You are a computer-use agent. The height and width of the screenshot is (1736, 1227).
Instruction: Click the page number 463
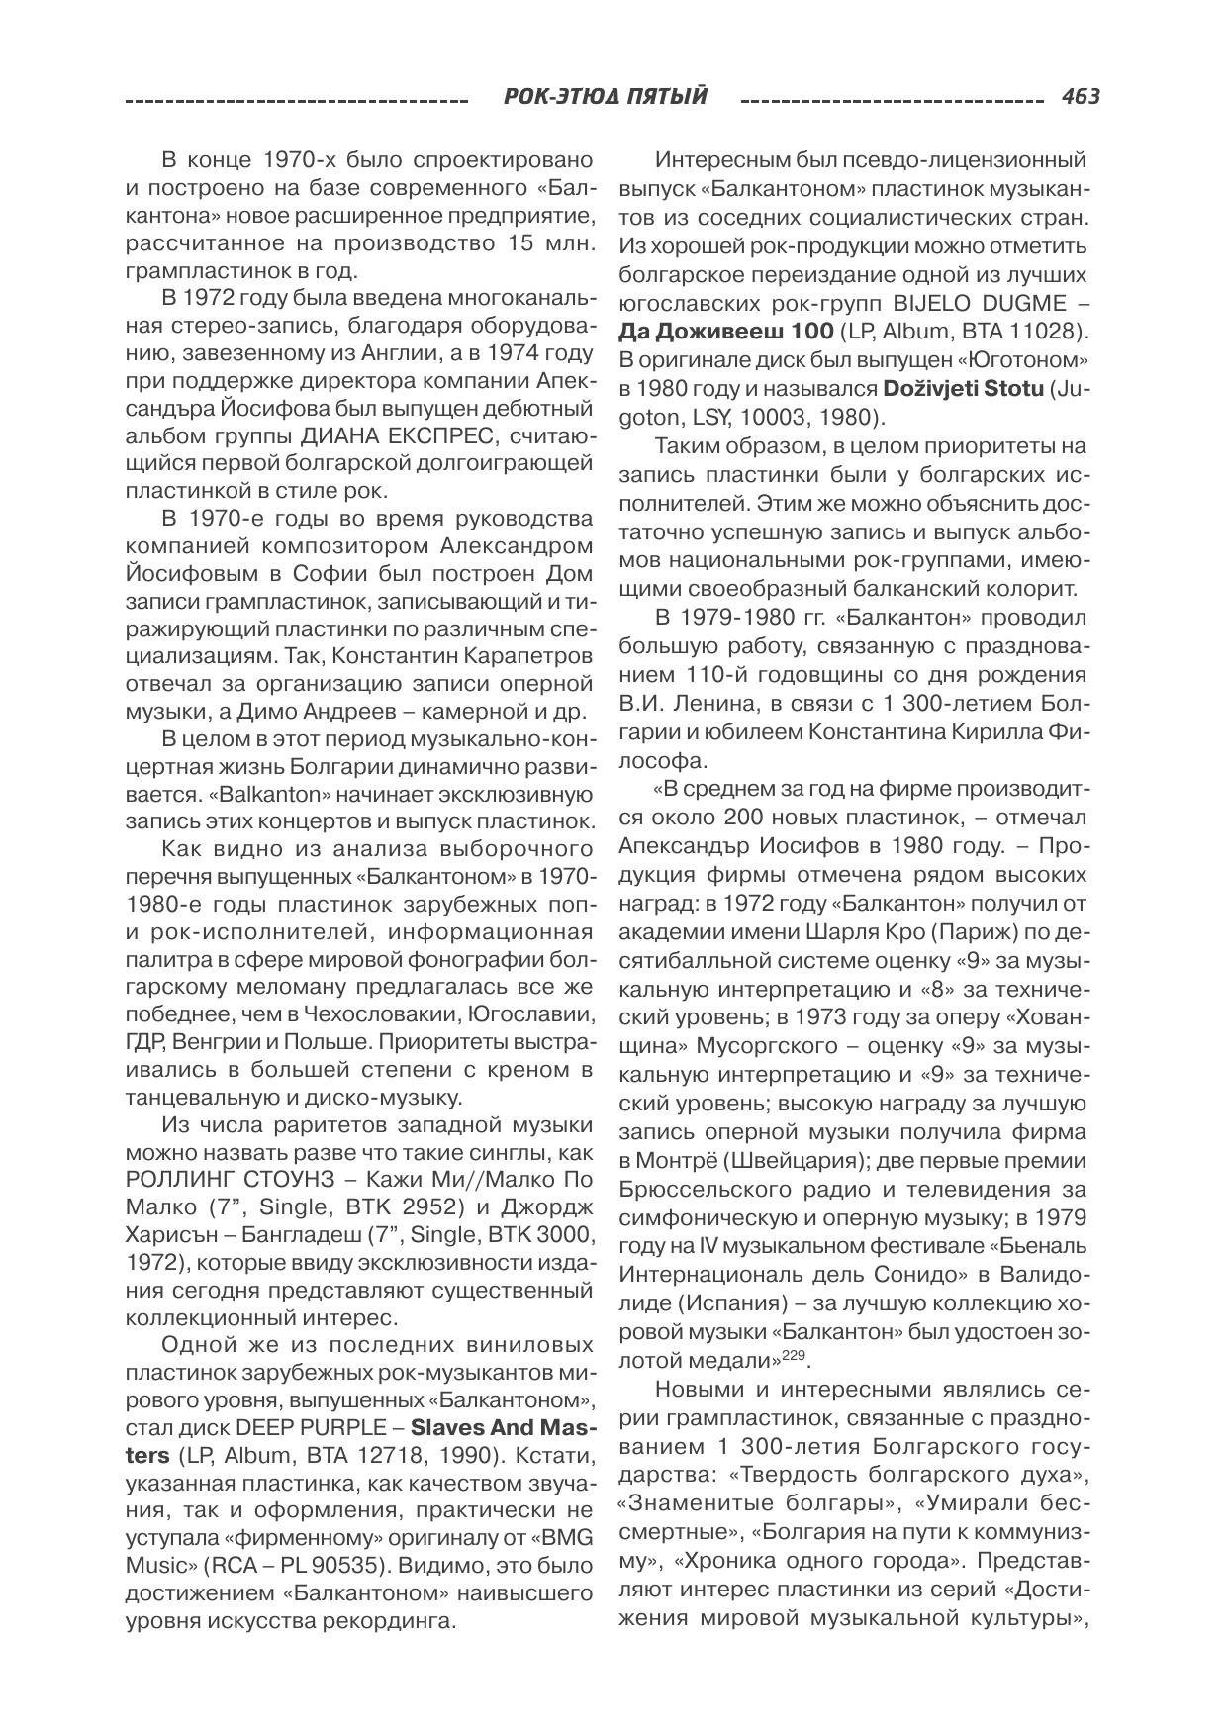point(1080,97)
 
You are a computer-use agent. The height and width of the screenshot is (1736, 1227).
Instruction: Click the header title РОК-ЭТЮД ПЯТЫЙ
point(606,97)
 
